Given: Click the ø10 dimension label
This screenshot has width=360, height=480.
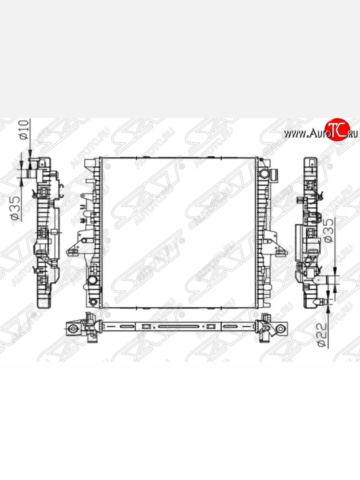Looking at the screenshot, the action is point(25,130).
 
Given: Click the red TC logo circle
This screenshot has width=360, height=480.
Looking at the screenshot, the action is point(337,129).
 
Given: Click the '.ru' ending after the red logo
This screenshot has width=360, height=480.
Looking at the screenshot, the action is point(352,134).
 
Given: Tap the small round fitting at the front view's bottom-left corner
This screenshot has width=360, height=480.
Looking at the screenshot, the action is point(93,302).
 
